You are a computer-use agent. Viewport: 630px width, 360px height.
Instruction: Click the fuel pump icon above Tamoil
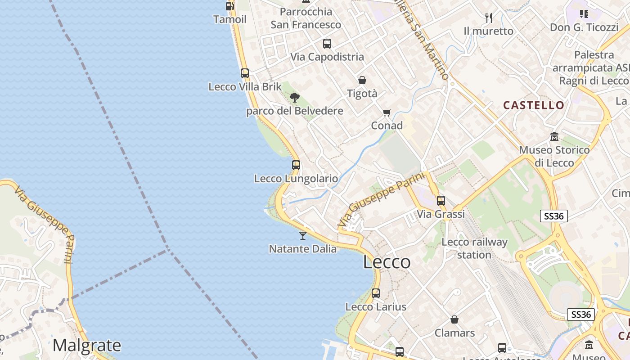[x=229, y=6]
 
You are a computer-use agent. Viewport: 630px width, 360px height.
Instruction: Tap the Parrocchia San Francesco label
[x=306, y=18]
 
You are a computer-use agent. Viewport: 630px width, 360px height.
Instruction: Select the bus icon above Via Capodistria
[x=327, y=44]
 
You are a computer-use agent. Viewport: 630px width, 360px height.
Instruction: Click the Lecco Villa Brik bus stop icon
[x=245, y=73]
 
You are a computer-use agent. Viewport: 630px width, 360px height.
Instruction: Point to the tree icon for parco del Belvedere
[x=295, y=98]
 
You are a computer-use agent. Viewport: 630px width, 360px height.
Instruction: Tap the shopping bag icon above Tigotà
[x=362, y=80]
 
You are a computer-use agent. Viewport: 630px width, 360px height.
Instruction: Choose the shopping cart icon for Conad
[x=387, y=112]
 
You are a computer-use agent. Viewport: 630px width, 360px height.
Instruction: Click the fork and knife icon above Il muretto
[x=489, y=18]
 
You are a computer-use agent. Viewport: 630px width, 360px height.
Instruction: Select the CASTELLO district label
[x=534, y=105]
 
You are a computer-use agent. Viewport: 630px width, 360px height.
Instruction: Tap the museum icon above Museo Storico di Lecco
[x=554, y=136]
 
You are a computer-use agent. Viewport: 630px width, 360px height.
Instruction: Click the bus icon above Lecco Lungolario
[x=296, y=165]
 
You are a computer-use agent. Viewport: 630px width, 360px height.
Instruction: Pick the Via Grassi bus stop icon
[x=441, y=201]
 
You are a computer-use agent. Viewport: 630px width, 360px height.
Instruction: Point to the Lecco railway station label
[x=474, y=248]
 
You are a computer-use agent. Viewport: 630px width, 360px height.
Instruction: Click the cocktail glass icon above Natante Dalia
[x=303, y=235]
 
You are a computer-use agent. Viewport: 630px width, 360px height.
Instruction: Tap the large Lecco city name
[x=387, y=262]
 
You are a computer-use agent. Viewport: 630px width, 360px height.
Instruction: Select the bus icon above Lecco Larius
[x=376, y=293]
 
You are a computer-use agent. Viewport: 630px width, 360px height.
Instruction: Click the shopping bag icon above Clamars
[x=454, y=319]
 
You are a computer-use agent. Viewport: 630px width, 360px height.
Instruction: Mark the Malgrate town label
[x=87, y=346]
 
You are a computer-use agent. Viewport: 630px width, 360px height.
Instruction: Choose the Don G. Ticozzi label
[x=584, y=27]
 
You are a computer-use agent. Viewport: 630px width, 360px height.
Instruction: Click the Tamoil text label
[x=230, y=19]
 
